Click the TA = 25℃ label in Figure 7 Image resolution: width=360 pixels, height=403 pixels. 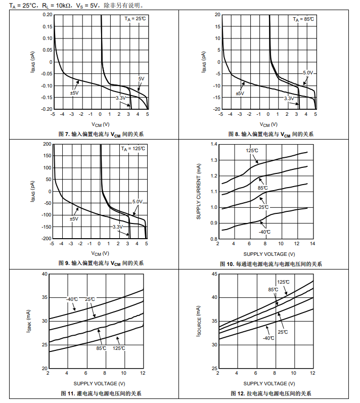(x=135, y=19)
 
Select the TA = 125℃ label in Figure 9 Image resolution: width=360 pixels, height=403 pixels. (x=133, y=149)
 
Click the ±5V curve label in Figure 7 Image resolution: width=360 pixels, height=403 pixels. (x=74, y=93)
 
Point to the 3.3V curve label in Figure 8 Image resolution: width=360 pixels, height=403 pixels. (x=289, y=98)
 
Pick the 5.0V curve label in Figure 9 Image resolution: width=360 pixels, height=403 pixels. (x=138, y=202)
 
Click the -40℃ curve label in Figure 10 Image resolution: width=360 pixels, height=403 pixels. (x=264, y=232)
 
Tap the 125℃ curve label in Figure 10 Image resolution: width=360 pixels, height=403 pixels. (x=252, y=150)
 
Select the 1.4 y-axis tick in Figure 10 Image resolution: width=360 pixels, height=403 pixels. (x=213, y=145)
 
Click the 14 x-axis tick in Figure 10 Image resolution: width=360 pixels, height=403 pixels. (x=312, y=244)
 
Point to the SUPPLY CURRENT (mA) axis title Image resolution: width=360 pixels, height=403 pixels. (x=199, y=191)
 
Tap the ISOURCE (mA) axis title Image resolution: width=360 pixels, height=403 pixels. (x=199, y=321)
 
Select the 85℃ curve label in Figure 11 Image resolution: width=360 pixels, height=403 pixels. (x=101, y=348)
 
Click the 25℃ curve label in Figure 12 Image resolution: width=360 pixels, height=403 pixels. (x=283, y=332)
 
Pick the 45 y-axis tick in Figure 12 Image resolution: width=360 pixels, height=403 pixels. (x=214, y=274)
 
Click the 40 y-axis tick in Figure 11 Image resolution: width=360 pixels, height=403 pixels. (x=44, y=274)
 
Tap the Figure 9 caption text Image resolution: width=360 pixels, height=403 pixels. (x=101, y=263)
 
